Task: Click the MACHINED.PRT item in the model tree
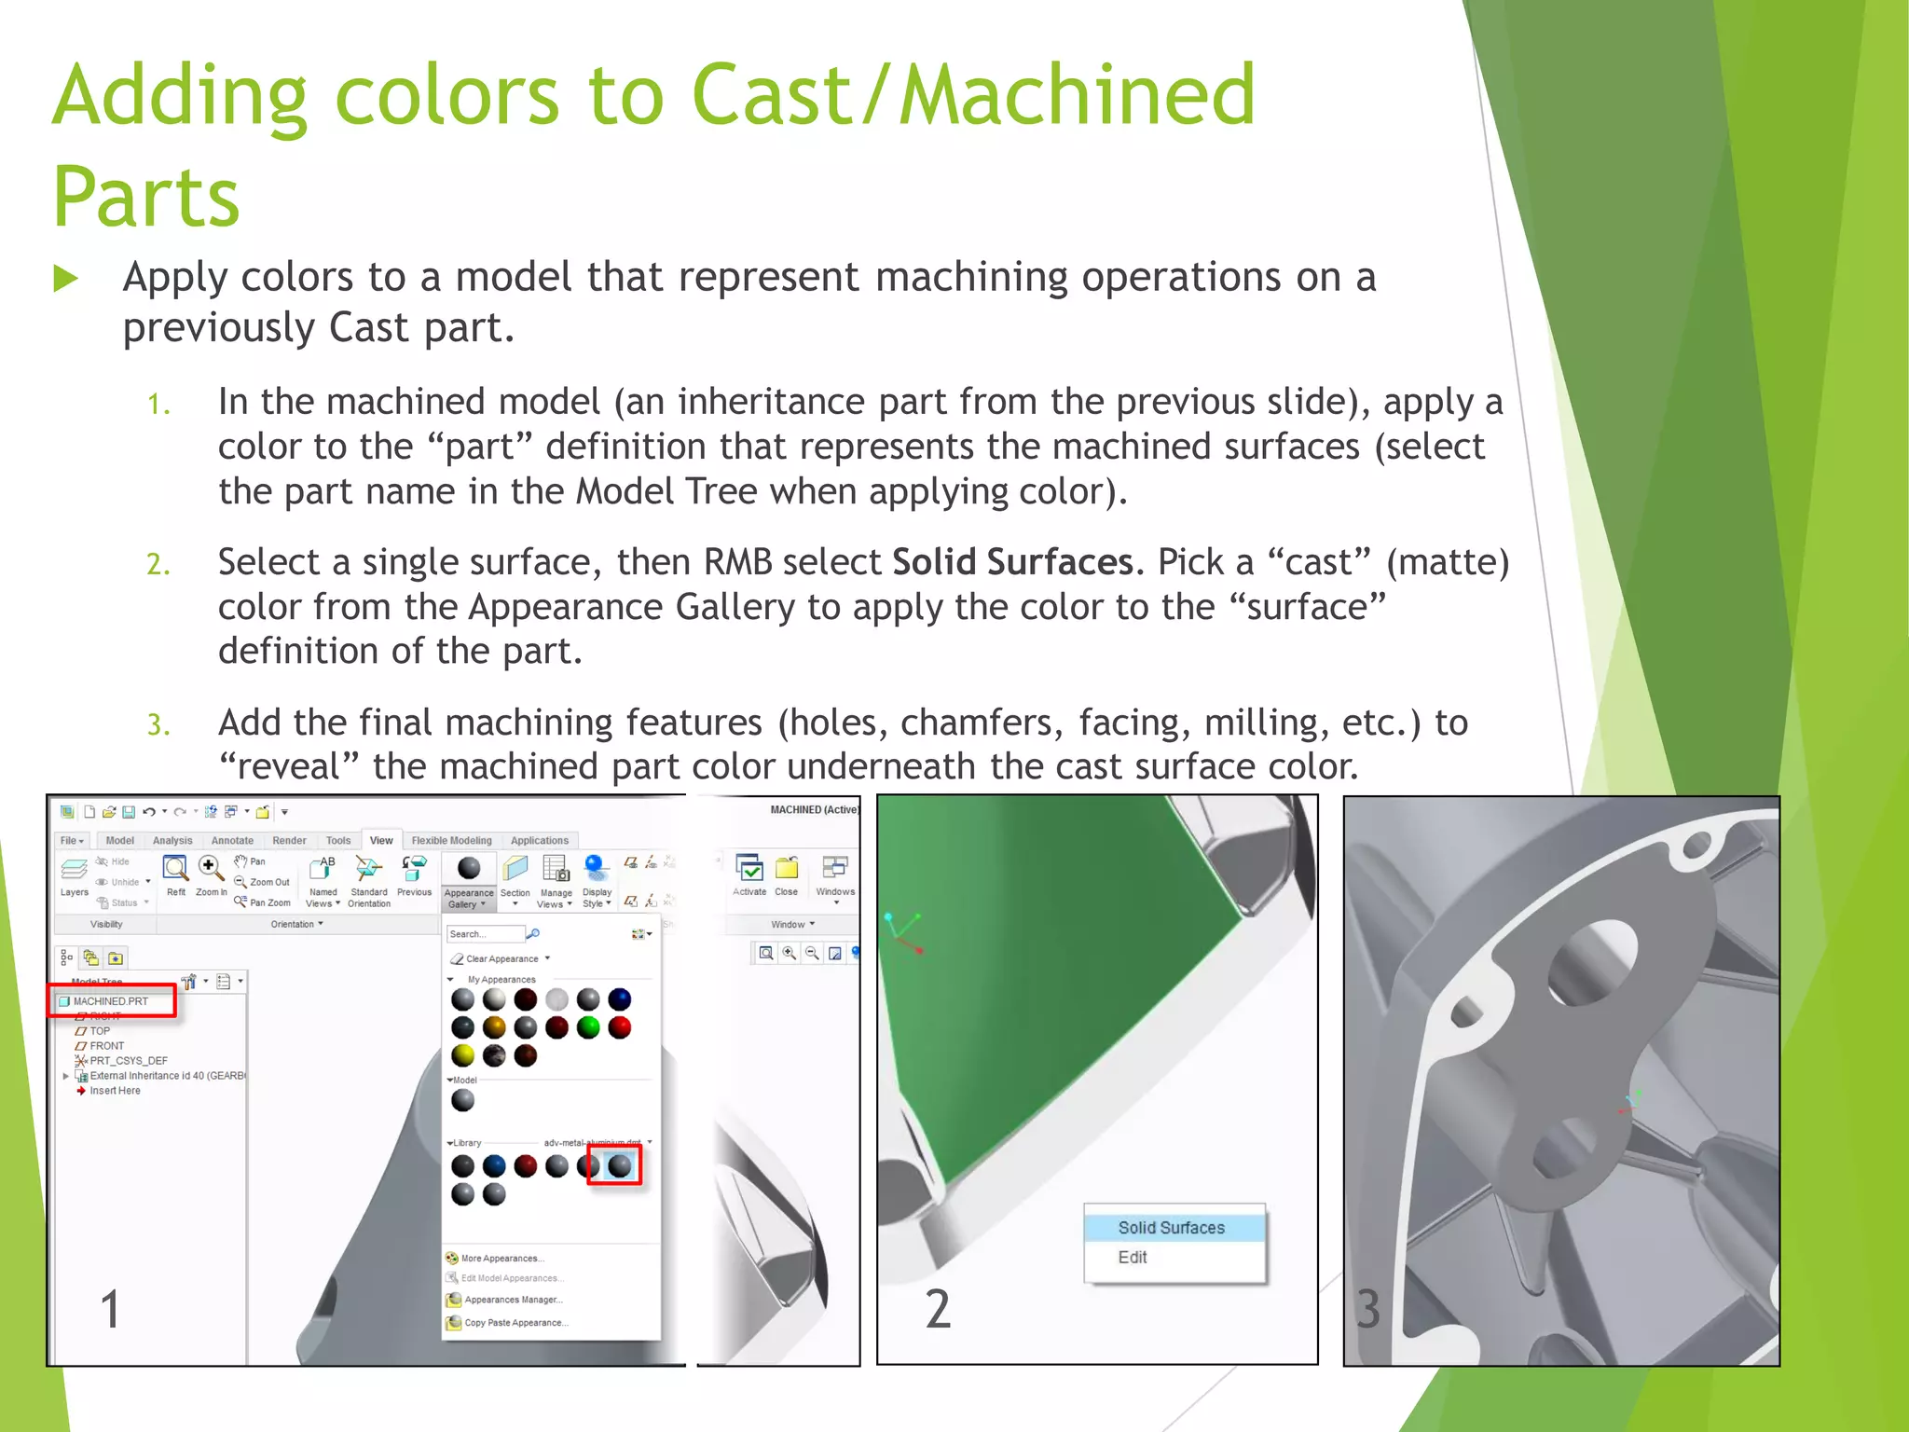coord(111,1001)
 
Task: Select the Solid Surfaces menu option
coord(1172,1228)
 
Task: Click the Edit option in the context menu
coord(1133,1258)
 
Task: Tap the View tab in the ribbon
coord(381,840)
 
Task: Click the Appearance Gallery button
coord(469,881)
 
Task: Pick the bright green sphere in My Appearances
coord(588,1027)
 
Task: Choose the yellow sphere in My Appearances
coord(463,1055)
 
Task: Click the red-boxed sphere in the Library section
coord(619,1165)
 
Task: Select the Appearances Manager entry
coord(513,1300)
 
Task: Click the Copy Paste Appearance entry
coord(515,1323)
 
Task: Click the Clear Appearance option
coord(501,958)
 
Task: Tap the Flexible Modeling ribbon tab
coord(451,840)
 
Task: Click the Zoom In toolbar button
coord(211,876)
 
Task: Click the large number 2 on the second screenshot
coord(938,1309)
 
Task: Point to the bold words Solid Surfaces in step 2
coord(1012,562)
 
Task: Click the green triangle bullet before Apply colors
coord(65,279)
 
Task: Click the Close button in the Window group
coord(787,876)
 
